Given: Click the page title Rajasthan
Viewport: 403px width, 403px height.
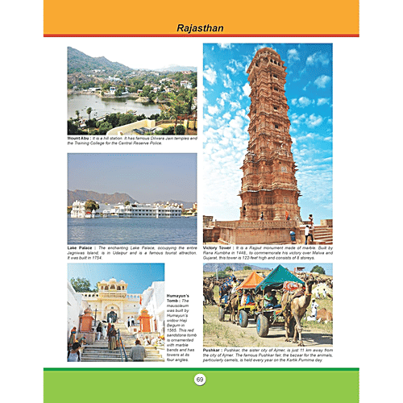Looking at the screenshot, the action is coord(201,28).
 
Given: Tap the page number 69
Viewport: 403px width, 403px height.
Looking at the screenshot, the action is coord(201,380).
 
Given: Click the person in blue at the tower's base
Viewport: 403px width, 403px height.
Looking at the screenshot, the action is coord(292,235).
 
